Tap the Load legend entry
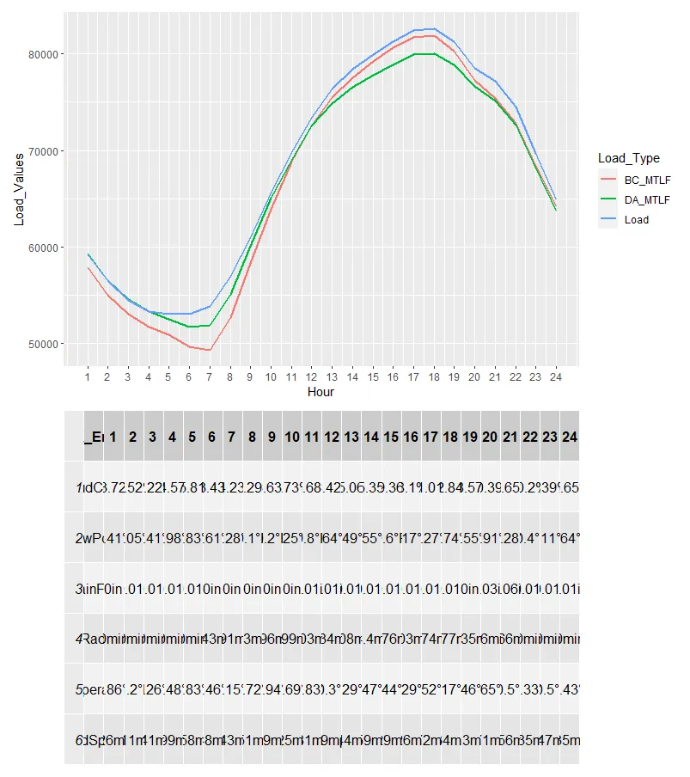636,219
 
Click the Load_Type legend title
629,158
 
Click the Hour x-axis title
320,392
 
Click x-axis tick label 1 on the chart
88,376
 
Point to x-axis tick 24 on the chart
555,376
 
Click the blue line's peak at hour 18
433,29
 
